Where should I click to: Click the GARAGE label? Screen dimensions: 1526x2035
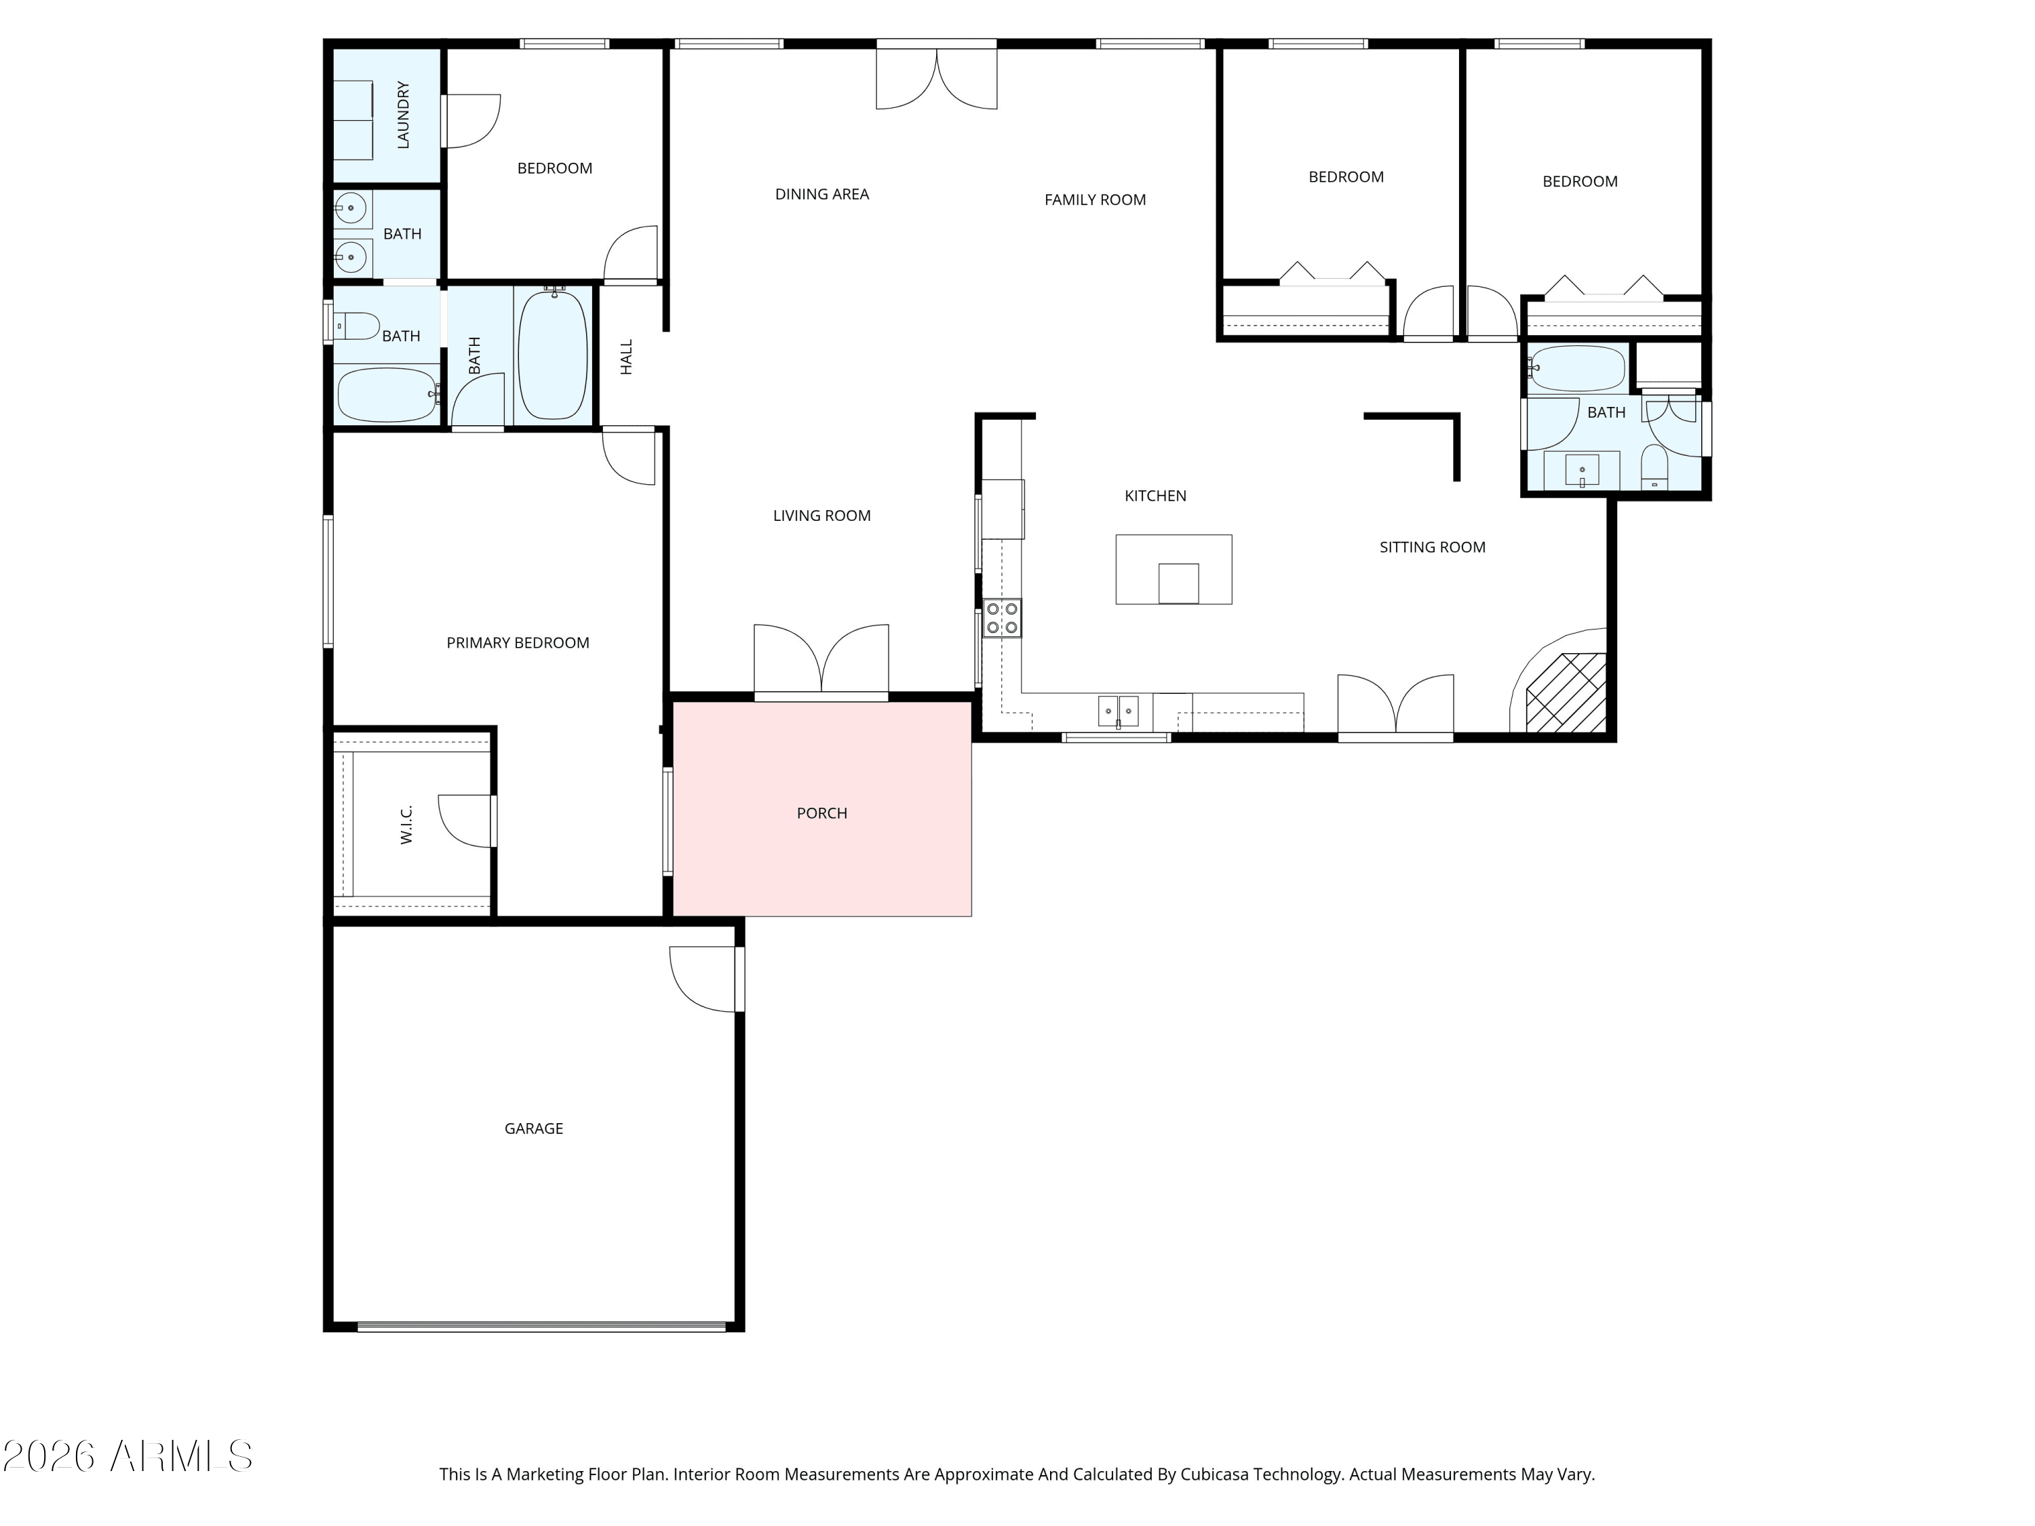534,1129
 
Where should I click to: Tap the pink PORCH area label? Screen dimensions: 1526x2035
821,813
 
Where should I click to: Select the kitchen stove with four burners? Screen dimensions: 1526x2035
1002,618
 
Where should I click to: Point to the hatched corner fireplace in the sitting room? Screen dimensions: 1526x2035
1566,692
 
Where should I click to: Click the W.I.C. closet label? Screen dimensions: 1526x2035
406,824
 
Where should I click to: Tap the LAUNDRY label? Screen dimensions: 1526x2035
403,115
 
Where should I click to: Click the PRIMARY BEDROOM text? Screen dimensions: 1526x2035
518,643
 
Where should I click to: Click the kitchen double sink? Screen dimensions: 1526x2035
1118,711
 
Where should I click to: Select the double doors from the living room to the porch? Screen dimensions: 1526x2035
821,661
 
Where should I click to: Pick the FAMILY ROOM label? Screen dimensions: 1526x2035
1095,199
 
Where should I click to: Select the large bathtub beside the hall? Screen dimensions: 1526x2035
552,355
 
